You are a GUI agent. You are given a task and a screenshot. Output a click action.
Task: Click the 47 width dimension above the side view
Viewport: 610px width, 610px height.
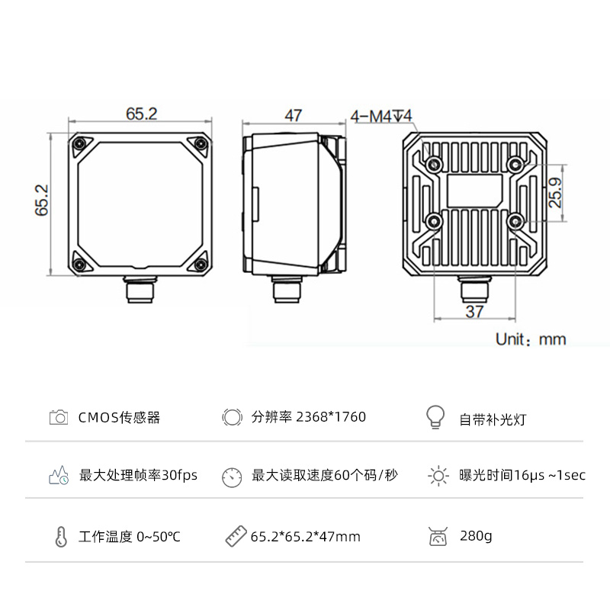[x=293, y=115]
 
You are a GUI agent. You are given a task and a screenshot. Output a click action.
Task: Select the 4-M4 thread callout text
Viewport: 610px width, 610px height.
[x=380, y=116]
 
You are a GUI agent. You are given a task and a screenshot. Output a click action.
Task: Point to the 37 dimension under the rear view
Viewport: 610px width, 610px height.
[x=474, y=311]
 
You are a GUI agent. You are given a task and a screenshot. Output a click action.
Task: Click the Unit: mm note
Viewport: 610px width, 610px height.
[x=531, y=339]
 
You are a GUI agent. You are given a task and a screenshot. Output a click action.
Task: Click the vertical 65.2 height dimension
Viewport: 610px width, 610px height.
[x=42, y=201]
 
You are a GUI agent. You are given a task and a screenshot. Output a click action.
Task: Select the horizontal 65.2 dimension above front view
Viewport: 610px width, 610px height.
[x=141, y=114]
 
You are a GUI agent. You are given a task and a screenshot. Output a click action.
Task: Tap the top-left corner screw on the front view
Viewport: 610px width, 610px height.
[x=80, y=142]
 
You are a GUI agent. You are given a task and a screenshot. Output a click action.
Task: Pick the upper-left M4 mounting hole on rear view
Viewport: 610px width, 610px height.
[x=435, y=163]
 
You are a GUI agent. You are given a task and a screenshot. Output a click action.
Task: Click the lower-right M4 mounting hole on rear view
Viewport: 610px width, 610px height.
[x=516, y=221]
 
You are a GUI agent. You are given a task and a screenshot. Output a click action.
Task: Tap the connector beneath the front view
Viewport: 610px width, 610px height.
[x=140, y=291]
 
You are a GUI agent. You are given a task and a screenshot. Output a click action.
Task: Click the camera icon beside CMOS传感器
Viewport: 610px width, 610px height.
[x=59, y=417]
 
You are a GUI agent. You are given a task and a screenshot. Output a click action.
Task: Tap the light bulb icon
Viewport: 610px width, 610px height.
[x=434, y=416]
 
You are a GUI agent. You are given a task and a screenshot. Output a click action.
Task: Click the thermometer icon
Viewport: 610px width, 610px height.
[x=60, y=536]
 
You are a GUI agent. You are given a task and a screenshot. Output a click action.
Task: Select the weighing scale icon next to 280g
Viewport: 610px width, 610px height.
[x=438, y=537]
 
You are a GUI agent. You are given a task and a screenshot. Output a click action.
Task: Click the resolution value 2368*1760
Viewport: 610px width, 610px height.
[x=331, y=417]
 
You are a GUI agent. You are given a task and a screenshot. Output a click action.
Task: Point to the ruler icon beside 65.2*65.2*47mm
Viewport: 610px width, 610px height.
[x=234, y=536]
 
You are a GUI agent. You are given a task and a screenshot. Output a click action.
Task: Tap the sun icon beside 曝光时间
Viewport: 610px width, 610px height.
[x=438, y=476]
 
